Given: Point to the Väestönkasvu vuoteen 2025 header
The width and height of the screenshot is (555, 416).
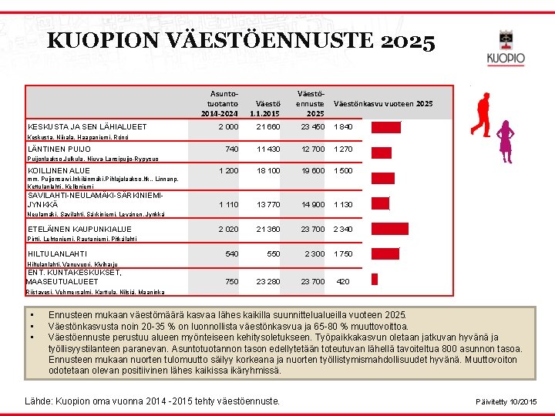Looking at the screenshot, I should (x=383, y=103).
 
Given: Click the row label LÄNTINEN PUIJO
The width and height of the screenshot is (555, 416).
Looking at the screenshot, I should (x=59, y=149).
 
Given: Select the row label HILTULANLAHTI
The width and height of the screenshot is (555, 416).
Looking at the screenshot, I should (x=57, y=253).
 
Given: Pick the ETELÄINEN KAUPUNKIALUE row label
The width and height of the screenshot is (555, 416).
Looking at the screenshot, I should (x=79, y=229).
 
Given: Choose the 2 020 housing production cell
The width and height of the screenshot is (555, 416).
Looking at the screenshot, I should (x=228, y=229).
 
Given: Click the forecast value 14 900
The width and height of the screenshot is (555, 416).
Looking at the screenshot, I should (x=314, y=204).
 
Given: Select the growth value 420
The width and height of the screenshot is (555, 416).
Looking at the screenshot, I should (x=343, y=281).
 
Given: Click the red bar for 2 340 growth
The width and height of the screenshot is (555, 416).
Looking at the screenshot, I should (x=388, y=229).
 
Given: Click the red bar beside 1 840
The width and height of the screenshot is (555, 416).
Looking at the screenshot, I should (x=386, y=127).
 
